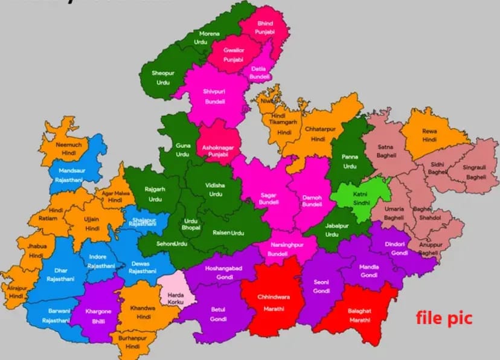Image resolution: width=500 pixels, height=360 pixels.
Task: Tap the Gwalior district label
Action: (234, 51)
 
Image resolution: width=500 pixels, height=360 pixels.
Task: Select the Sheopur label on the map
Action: (163, 73)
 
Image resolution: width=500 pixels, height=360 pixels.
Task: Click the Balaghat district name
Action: (359, 310)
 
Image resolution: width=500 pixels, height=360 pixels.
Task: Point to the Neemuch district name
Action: (69, 146)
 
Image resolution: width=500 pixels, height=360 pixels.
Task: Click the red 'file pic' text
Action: (444, 317)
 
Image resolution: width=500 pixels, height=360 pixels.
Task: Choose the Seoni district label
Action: (321, 282)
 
